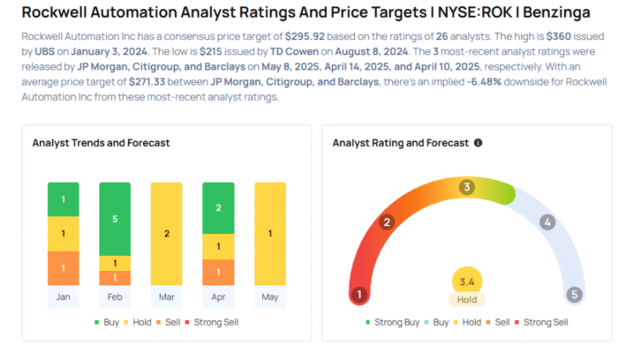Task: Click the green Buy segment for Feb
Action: click(x=114, y=218)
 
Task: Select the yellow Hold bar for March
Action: click(x=166, y=234)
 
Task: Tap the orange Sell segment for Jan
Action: click(x=63, y=267)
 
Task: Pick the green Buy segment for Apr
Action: click(x=217, y=207)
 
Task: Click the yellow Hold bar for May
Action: click(x=269, y=234)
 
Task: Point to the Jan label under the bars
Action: click(x=63, y=297)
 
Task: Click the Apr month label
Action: click(x=217, y=297)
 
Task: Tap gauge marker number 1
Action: click(x=358, y=294)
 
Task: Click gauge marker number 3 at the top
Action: click(x=467, y=187)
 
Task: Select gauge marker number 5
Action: click(x=575, y=294)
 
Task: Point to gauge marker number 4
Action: click(x=547, y=222)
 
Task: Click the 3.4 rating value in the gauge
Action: click(x=466, y=281)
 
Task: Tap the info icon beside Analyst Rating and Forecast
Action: click(x=478, y=143)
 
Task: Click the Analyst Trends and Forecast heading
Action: click(x=101, y=143)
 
